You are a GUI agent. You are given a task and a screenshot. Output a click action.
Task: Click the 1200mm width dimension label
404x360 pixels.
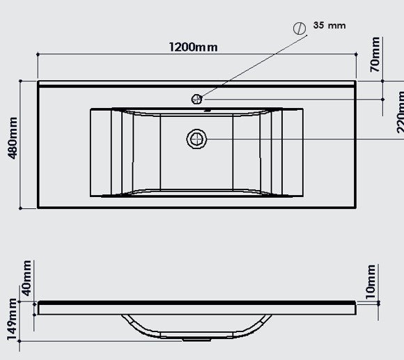pyautogui.click(x=192, y=47)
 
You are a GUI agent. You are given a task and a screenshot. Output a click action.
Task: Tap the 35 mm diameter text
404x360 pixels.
pyautogui.click(x=329, y=26)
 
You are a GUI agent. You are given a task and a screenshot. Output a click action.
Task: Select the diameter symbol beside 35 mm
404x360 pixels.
pyautogui.click(x=300, y=28)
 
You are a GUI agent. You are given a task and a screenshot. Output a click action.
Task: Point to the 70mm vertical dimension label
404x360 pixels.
pyautogui.click(x=375, y=56)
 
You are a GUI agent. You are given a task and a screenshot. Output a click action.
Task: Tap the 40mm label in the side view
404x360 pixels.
pyautogui.click(x=26, y=276)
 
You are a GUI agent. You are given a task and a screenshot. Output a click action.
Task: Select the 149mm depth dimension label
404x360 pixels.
pyautogui.click(x=12, y=322)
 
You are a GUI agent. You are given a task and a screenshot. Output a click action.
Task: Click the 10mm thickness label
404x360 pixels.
pyautogui.click(x=371, y=280)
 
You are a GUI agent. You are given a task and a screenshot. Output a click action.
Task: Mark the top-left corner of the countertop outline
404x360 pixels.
pyautogui.click(x=38, y=81)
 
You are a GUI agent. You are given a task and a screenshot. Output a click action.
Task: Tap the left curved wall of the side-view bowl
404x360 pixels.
pyautogui.click(x=132, y=326)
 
